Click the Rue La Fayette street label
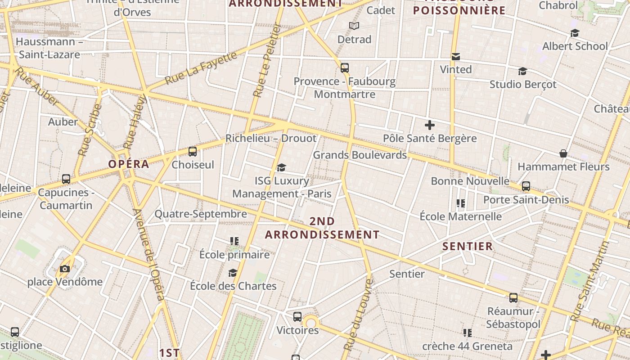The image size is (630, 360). point(201,68)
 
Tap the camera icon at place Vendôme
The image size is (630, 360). point(65,269)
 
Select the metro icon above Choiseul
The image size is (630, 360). point(193,152)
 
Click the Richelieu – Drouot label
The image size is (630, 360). point(271,138)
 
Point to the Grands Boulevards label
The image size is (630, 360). point(360,155)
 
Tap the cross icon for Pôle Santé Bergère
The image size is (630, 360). point(430,125)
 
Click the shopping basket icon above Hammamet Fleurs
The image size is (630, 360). point(563,153)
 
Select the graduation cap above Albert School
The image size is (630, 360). point(575,33)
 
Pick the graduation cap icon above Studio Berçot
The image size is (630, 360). point(522,71)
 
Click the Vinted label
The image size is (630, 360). point(456,69)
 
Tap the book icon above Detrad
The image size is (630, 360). point(354,26)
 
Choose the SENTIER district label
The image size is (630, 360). point(468,246)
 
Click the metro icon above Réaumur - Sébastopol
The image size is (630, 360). point(513,297)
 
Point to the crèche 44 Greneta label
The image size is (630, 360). point(467,346)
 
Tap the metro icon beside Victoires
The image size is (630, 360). point(297,316)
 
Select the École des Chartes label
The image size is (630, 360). point(233,286)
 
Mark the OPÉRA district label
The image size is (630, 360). point(129,164)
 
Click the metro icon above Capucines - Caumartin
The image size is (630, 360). point(66,179)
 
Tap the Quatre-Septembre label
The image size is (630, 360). point(201,214)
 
